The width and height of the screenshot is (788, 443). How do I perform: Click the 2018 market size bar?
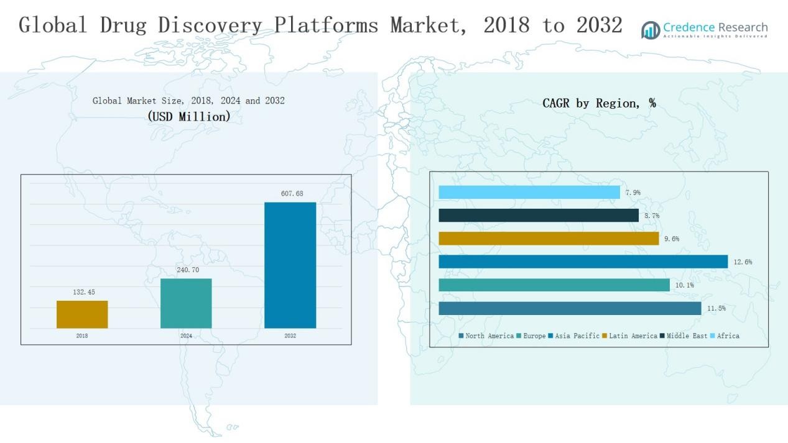tap(82, 314)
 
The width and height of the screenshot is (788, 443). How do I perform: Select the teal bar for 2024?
tap(186, 303)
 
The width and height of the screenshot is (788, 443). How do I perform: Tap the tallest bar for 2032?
tap(290, 265)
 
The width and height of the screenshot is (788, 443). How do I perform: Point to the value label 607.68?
tap(292, 194)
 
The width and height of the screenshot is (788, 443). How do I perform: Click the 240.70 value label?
tap(188, 270)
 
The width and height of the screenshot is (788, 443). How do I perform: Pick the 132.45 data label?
tap(84, 292)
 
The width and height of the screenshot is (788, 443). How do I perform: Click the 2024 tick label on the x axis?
tap(186, 336)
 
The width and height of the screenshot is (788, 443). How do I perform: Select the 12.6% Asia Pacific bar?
tap(583, 262)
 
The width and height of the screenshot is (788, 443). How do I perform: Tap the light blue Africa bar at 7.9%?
tap(529, 193)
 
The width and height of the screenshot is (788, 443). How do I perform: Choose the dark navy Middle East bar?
tap(539, 216)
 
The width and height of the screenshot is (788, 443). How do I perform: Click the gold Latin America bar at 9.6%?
tap(549, 239)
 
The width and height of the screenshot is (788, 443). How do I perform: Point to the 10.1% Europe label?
tap(684, 285)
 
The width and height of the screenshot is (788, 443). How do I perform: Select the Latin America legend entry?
tap(629, 336)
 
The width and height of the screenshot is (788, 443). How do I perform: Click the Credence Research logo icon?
tap(651, 29)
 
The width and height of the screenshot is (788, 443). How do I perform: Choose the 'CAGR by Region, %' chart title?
tap(599, 103)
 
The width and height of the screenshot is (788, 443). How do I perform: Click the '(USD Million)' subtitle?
tap(189, 116)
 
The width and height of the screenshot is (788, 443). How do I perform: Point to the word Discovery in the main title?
tap(210, 25)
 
